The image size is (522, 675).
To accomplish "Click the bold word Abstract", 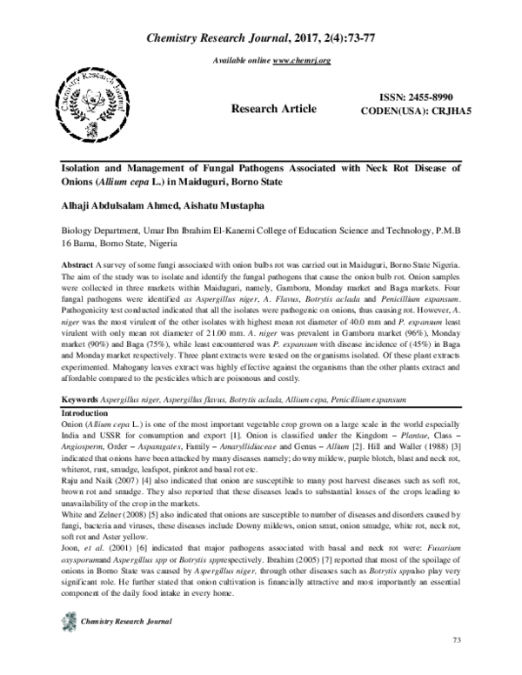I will (79, 264).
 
